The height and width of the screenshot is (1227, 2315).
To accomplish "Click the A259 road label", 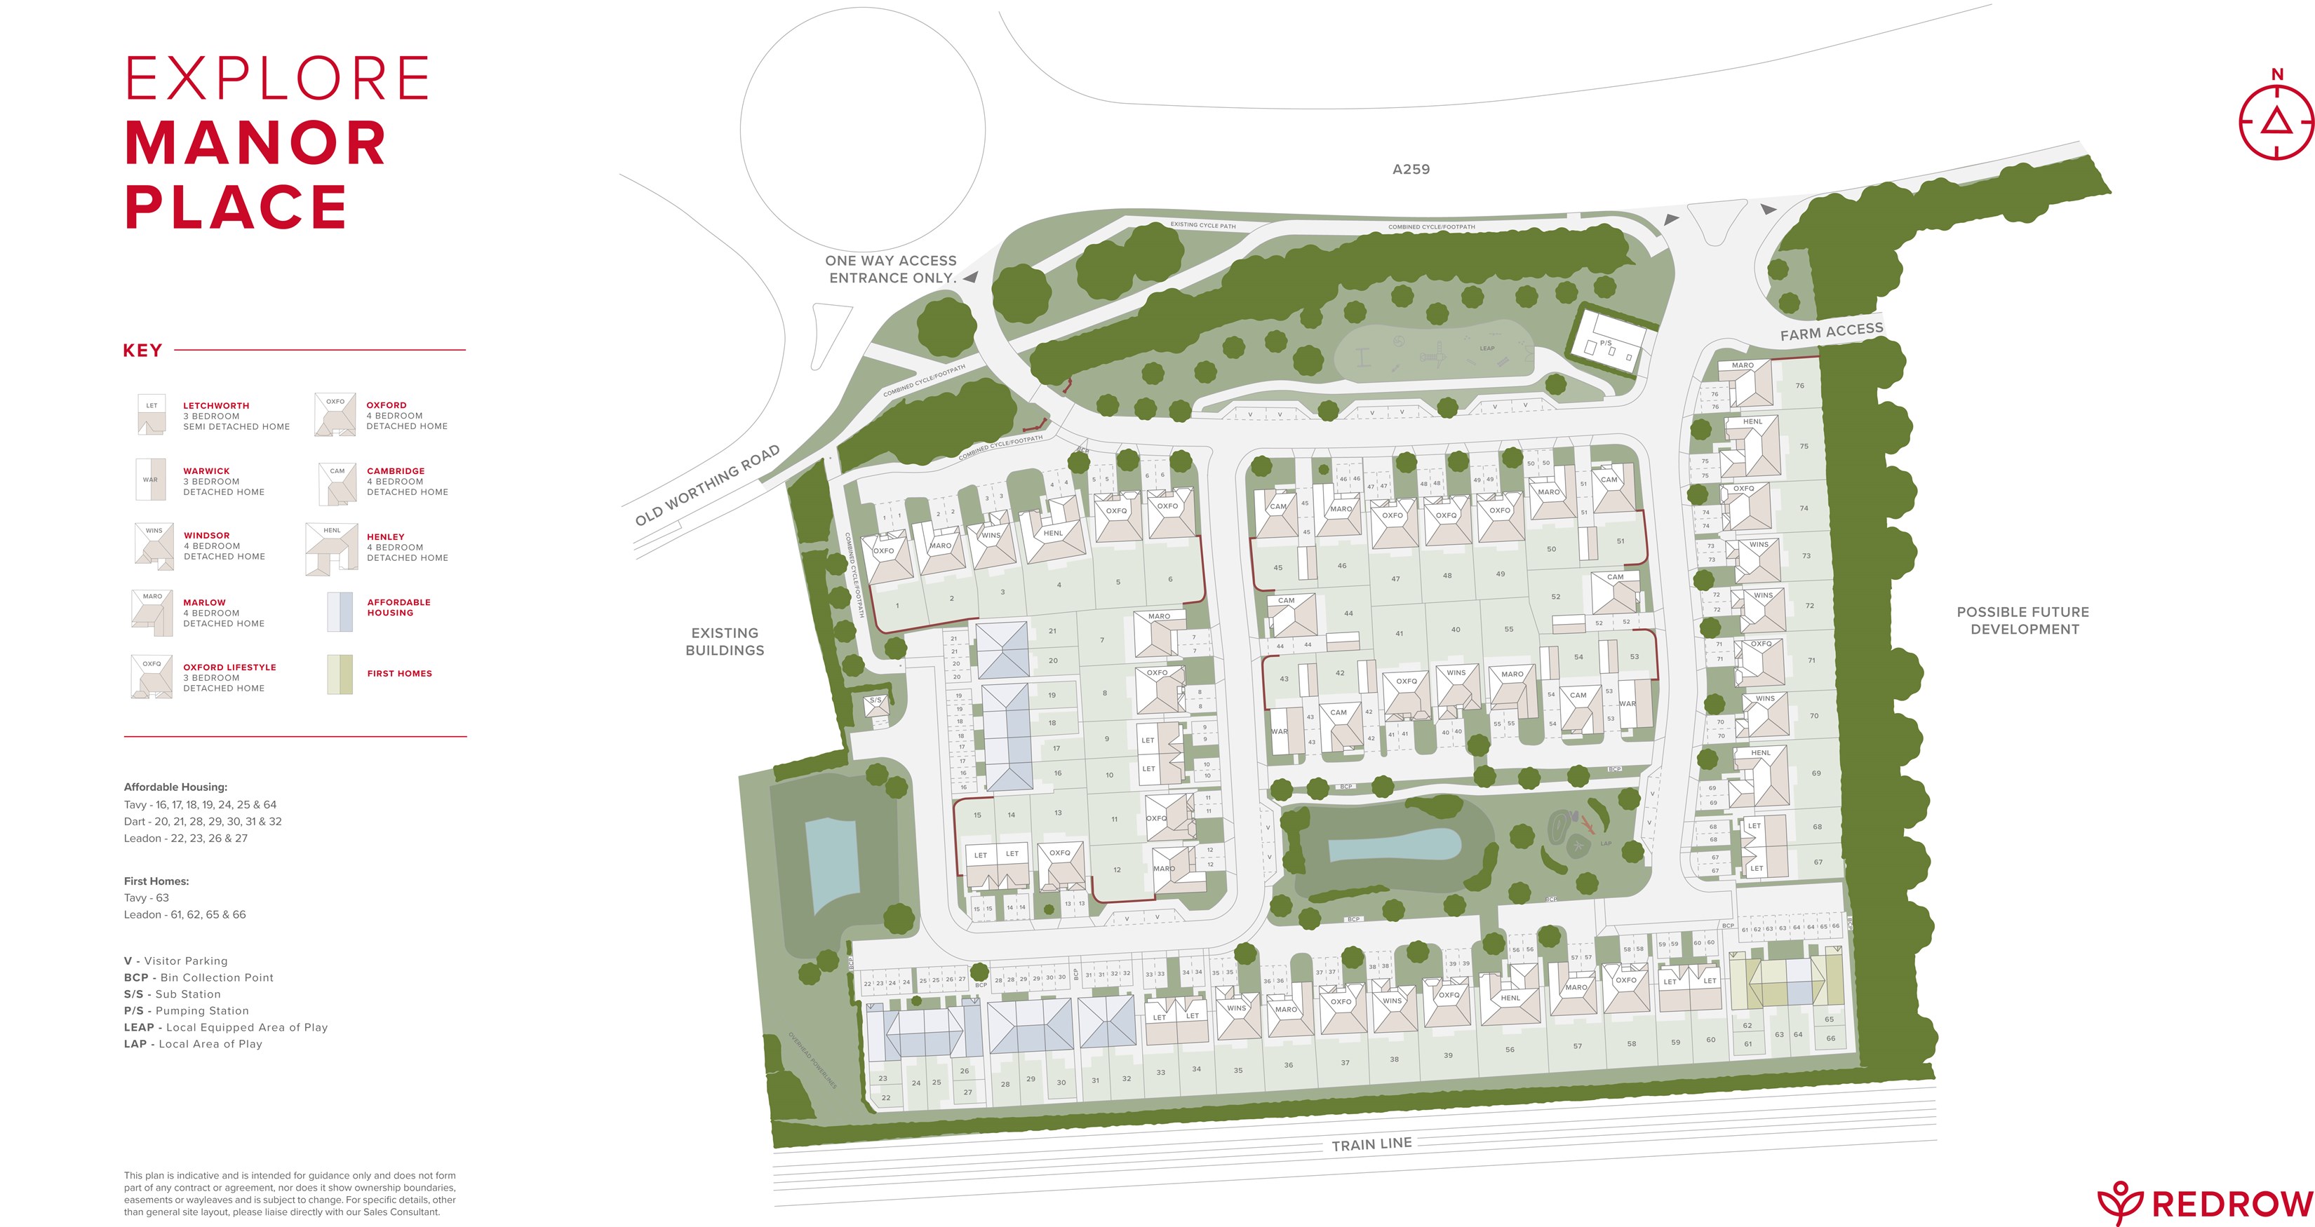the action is (1410, 169).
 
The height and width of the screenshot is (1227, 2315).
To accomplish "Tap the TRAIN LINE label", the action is (1371, 1144).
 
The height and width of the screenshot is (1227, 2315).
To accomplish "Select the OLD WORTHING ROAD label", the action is (706, 485).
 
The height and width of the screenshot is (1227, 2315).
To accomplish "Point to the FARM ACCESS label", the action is (1832, 332).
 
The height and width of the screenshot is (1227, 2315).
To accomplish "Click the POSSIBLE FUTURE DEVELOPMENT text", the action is (2023, 620).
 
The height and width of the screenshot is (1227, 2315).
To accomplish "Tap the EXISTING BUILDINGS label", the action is (725, 642).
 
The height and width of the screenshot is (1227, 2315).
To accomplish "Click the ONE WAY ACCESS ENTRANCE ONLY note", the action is (891, 269).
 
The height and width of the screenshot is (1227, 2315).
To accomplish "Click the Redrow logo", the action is (2204, 1202).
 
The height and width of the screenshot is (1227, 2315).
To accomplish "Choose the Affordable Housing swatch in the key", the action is (340, 611).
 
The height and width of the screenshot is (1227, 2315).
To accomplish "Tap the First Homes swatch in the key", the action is (340, 674).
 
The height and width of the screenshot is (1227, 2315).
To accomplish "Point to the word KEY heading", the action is (142, 351).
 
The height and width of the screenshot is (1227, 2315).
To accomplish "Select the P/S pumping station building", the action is (1609, 341).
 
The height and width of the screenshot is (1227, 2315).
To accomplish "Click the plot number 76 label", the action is (1799, 386).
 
